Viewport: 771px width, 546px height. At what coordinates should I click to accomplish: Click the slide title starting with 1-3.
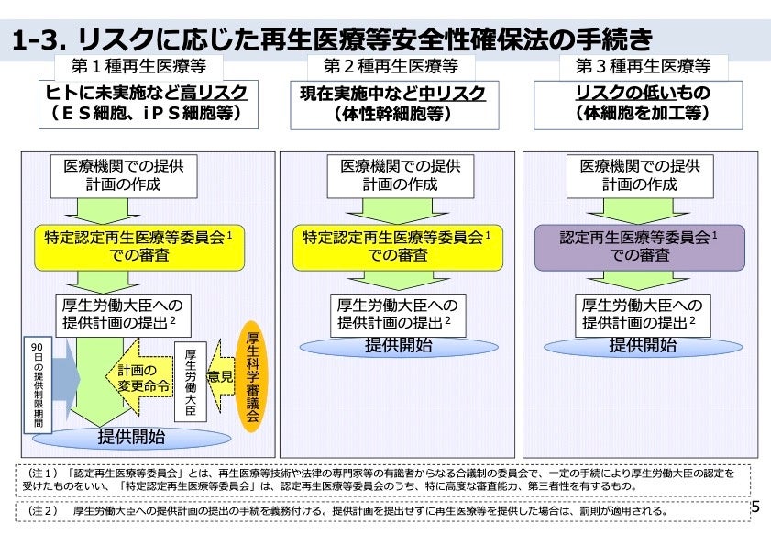336,39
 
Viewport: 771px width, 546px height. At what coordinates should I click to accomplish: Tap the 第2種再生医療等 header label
391,66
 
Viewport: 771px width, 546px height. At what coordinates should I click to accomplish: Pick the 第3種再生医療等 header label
644,66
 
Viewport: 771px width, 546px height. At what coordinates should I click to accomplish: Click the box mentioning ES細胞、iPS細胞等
147,103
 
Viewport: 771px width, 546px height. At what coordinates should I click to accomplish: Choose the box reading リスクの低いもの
643,103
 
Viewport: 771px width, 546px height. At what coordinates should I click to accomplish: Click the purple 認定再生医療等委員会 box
639,246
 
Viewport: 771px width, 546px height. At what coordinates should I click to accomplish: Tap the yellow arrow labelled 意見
219,377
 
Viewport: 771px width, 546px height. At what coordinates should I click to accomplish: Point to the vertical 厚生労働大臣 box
191,383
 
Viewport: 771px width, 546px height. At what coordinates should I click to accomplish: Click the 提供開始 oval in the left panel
132,436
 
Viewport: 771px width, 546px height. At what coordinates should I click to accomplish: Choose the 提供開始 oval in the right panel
643,346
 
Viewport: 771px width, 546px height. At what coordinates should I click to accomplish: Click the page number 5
755,507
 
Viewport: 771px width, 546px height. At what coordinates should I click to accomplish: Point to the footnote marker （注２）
39,510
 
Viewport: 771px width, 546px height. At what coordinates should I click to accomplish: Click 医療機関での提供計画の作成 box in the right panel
639,175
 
